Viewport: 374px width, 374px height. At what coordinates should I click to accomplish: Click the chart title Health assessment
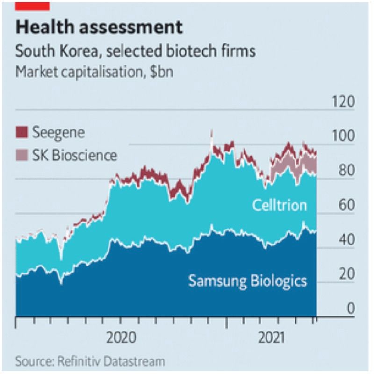coord(99,28)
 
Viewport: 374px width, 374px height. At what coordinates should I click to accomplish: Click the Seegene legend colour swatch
coord(22,132)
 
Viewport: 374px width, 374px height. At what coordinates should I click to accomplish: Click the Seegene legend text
coord(58,132)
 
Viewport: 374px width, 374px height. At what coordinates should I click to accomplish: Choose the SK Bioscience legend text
coord(75,155)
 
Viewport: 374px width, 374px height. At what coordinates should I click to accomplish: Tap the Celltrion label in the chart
coord(280,205)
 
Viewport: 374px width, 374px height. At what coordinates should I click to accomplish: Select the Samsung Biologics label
coord(247,280)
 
